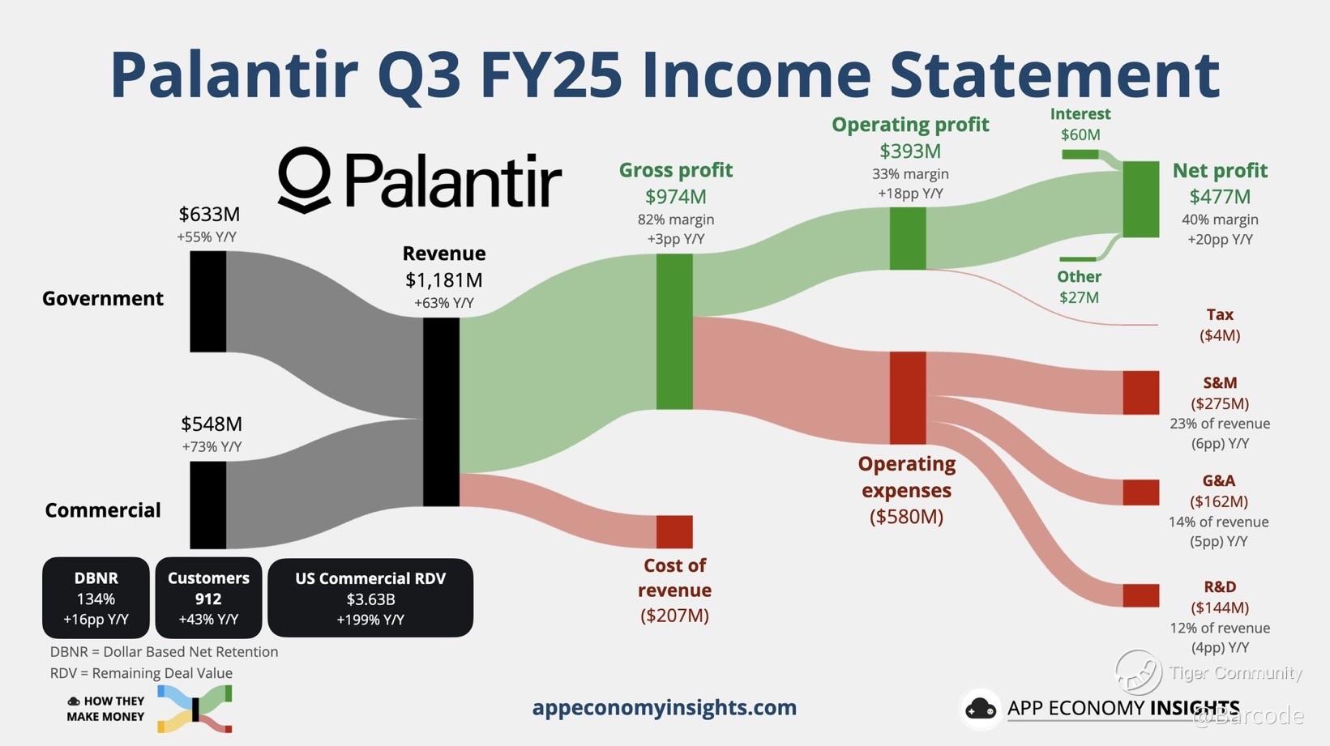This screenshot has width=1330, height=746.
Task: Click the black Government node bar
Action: [207, 301]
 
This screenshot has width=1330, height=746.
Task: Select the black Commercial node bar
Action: [207, 505]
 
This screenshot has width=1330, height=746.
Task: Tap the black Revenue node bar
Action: [441, 411]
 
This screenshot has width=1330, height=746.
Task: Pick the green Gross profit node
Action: [674, 332]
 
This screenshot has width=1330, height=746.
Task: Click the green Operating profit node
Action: [908, 239]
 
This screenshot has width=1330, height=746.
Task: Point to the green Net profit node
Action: [1141, 198]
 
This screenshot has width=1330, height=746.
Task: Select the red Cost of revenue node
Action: [674, 531]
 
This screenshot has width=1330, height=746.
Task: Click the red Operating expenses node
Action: [908, 398]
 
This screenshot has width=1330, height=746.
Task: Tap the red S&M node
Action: [1141, 393]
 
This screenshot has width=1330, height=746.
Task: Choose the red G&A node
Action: [1141, 492]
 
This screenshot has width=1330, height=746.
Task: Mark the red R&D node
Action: [1141, 595]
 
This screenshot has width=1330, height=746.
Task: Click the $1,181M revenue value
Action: [444, 280]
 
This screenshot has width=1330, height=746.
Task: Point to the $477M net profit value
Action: [1220, 197]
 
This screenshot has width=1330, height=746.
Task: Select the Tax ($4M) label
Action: [1220, 325]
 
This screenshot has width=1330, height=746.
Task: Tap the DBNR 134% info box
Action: [96, 598]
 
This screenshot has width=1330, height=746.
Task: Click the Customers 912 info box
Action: [208, 598]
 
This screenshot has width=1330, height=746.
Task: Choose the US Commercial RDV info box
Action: [370, 598]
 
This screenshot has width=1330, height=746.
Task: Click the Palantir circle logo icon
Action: [304, 180]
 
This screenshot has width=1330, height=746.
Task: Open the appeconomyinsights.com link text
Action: [665, 707]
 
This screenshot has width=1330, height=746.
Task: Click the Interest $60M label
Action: [1080, 123]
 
